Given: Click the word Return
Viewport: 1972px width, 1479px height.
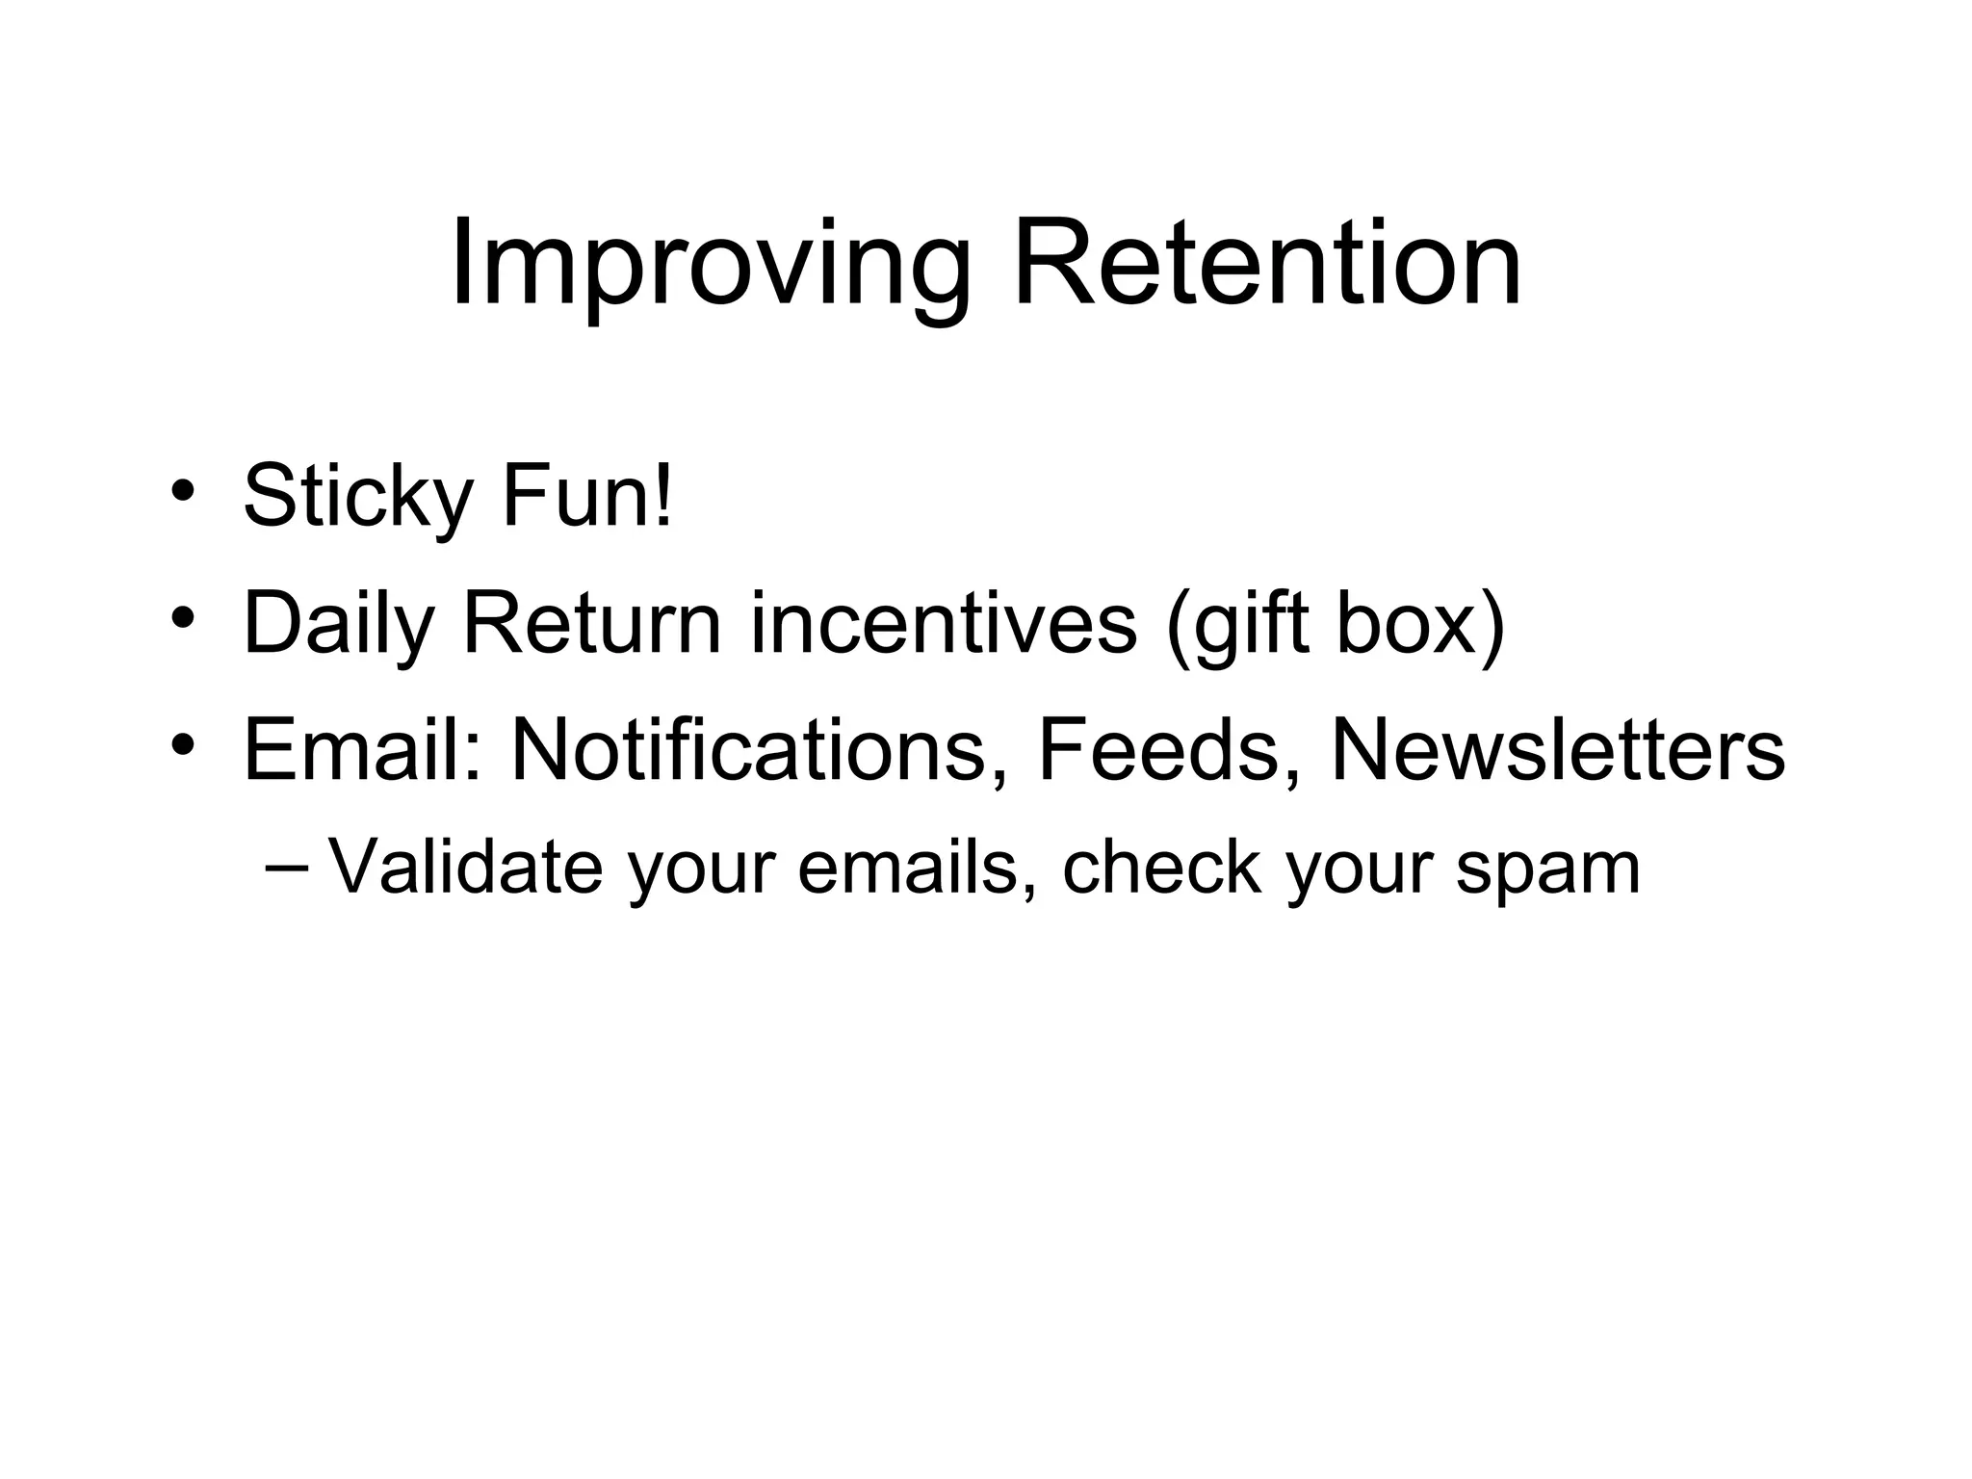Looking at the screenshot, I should click(x=591, y=623).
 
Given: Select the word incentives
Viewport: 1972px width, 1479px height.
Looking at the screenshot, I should click(x=944, y=623).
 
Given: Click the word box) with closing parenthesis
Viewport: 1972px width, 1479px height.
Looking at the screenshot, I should click(x=1420, y=623).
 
